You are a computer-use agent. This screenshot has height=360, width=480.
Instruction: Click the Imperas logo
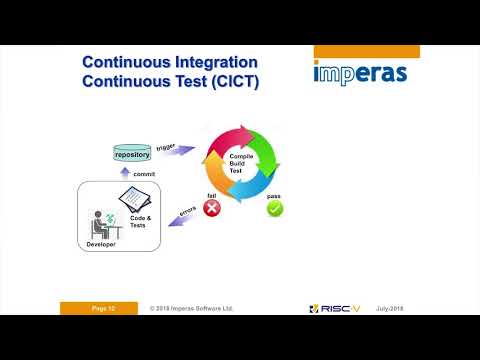359,74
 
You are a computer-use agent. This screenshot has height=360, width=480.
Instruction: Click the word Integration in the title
211,64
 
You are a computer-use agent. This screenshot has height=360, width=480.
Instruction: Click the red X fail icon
212,208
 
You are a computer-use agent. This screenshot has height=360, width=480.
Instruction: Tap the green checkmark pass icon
275,209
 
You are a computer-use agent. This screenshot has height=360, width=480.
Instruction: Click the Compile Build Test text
244,162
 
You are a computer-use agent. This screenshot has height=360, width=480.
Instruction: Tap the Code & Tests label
141,223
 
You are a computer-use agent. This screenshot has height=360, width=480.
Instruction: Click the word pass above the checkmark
273,196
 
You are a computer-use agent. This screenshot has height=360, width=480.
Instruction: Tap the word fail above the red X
212,195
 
